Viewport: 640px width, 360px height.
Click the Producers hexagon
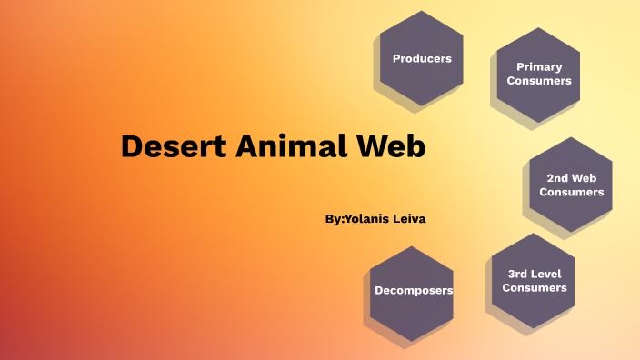pyautogui.click(x=422, y=58)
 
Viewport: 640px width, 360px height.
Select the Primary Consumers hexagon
pyautogui.click(x=539, y=74)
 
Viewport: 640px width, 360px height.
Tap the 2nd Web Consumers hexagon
pyautogui.click(x=571, y=185)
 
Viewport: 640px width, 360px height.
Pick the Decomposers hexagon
pyautogui.click(x=414, y=291)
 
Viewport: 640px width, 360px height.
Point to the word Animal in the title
pyautogui.click(x=289, y=146)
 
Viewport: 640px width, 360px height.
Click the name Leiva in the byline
pyautogui.click(x=406, y=219)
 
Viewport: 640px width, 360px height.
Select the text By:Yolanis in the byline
pyautogui.click(x=354, y=219)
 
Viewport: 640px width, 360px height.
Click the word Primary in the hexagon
pyautogui.click(x=539, y=66)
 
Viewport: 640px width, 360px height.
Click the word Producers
pyautogui.click(x=422, y=58)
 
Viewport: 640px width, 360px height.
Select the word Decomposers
pyautogui.click(x=414, y=291)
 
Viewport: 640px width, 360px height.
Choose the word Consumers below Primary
pyautogui.click(x=539, y=81)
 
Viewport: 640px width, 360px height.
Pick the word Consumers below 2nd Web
pyautogui.click(x=571, y=192)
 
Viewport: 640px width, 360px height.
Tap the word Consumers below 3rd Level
pyautogui.click(x=535, y=287)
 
